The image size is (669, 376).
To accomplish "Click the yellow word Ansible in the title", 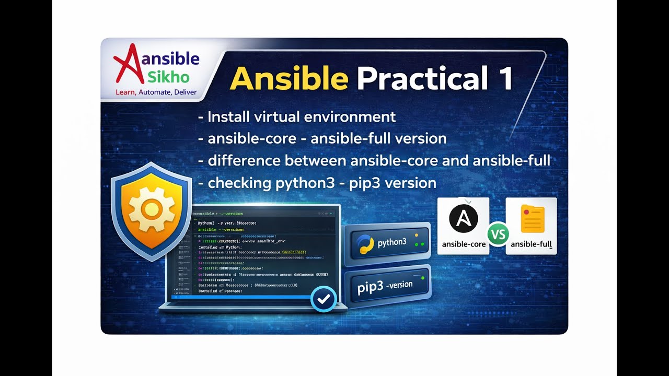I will tap(289, 78).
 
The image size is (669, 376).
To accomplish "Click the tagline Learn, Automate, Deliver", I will tap(156, 92).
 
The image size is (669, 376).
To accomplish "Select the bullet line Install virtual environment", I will tap(297, 117).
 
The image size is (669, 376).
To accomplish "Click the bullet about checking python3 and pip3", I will tap(317, 183).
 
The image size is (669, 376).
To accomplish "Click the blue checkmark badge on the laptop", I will tap(324, 299).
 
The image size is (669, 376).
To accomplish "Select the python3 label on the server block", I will tap(392, 242).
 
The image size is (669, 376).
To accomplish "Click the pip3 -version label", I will tap(385, 286).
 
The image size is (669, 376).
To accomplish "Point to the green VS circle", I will tap(498, 234).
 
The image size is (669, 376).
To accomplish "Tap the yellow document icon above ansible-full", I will tap(532, 219).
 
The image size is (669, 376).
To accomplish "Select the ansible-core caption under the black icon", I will tap(464, 244).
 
